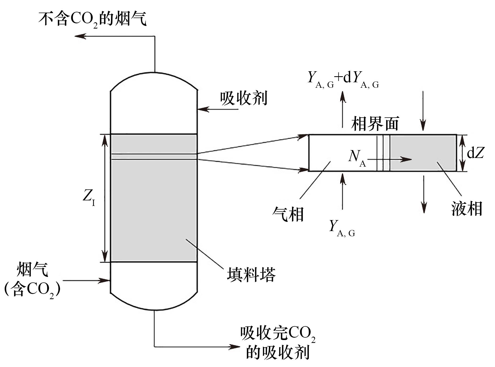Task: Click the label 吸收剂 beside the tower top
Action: pos(244,98)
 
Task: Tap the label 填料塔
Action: pos(251,275)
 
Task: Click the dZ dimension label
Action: pos(475,153)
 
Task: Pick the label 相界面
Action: pos(375,124)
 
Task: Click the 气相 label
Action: pos(288,214)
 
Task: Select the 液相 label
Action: pos(467,209)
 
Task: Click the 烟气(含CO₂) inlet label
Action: pos(32,281)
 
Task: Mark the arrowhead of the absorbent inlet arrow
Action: pos(203,109)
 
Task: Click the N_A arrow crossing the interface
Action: pos(390,159)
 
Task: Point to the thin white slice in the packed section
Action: pos(153,156)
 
